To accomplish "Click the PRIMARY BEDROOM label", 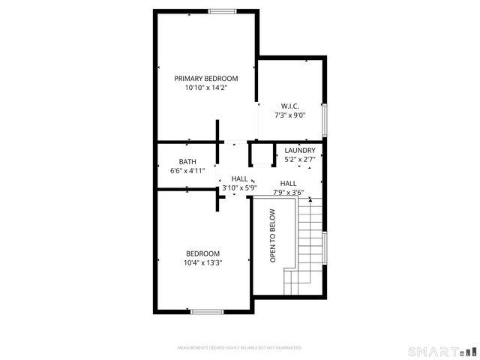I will (x=206, y=78).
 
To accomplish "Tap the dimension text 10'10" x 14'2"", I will (x=206, y=88).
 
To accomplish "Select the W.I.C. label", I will (x=290, y=106).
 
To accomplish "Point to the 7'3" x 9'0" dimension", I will (x=290, y=115).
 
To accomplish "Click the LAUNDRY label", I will (x=300, y=150).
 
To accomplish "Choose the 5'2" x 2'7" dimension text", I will (x=300, y=159).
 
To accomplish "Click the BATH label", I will (x=187, y=161).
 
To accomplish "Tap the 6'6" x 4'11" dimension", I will (x=187, y=171).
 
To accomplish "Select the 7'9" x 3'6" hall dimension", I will (x=288, y=192).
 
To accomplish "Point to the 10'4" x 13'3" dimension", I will (x=202, y=262).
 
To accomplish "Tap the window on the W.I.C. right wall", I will (x=325, y=115).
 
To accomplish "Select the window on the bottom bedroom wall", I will (x=206, y=310).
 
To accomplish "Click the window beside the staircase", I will (x=325, y=247).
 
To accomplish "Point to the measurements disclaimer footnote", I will (x=239, y=348).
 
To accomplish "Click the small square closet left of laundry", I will (x=262, y=155).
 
